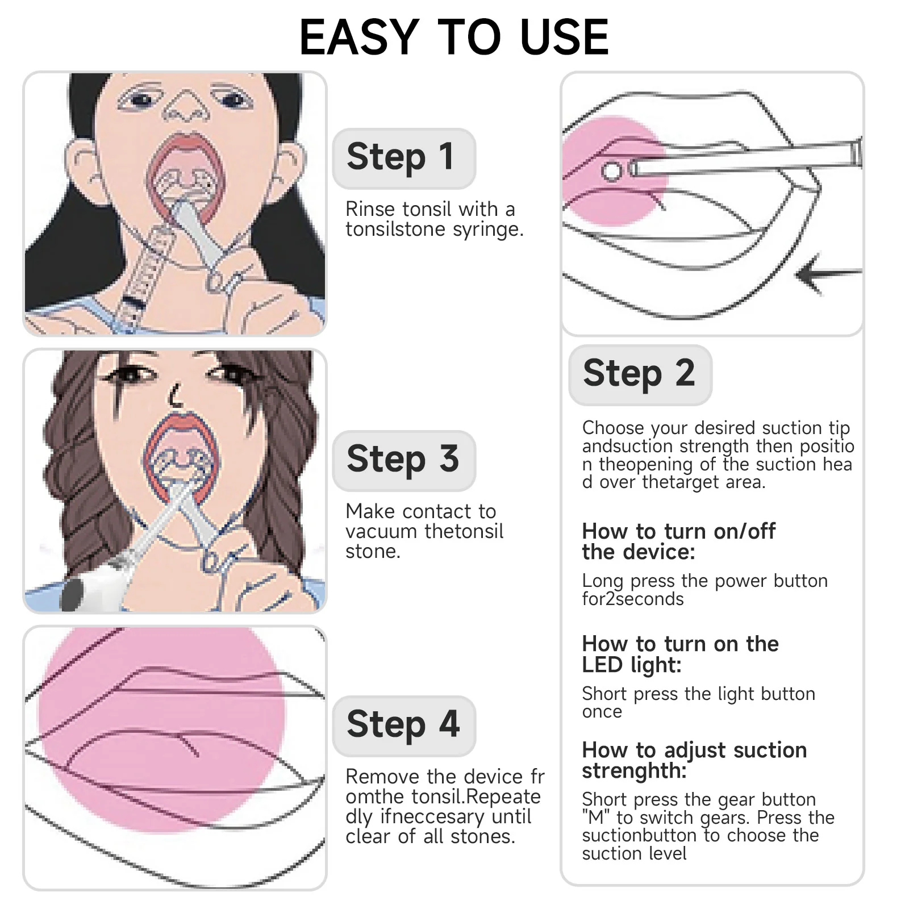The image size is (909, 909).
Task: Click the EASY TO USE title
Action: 454,37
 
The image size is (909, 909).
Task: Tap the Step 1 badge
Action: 403,157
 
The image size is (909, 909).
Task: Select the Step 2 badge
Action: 639,374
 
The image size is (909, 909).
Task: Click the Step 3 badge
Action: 403,460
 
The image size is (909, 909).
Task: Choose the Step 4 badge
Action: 403,724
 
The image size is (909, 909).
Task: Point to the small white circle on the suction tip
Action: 612,170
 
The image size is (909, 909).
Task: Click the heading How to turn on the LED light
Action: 679,654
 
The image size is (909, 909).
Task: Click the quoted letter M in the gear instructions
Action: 596,818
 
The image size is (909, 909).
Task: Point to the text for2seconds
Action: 632,599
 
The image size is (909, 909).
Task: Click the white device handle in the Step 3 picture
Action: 91,591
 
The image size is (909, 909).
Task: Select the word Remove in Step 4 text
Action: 383,777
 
